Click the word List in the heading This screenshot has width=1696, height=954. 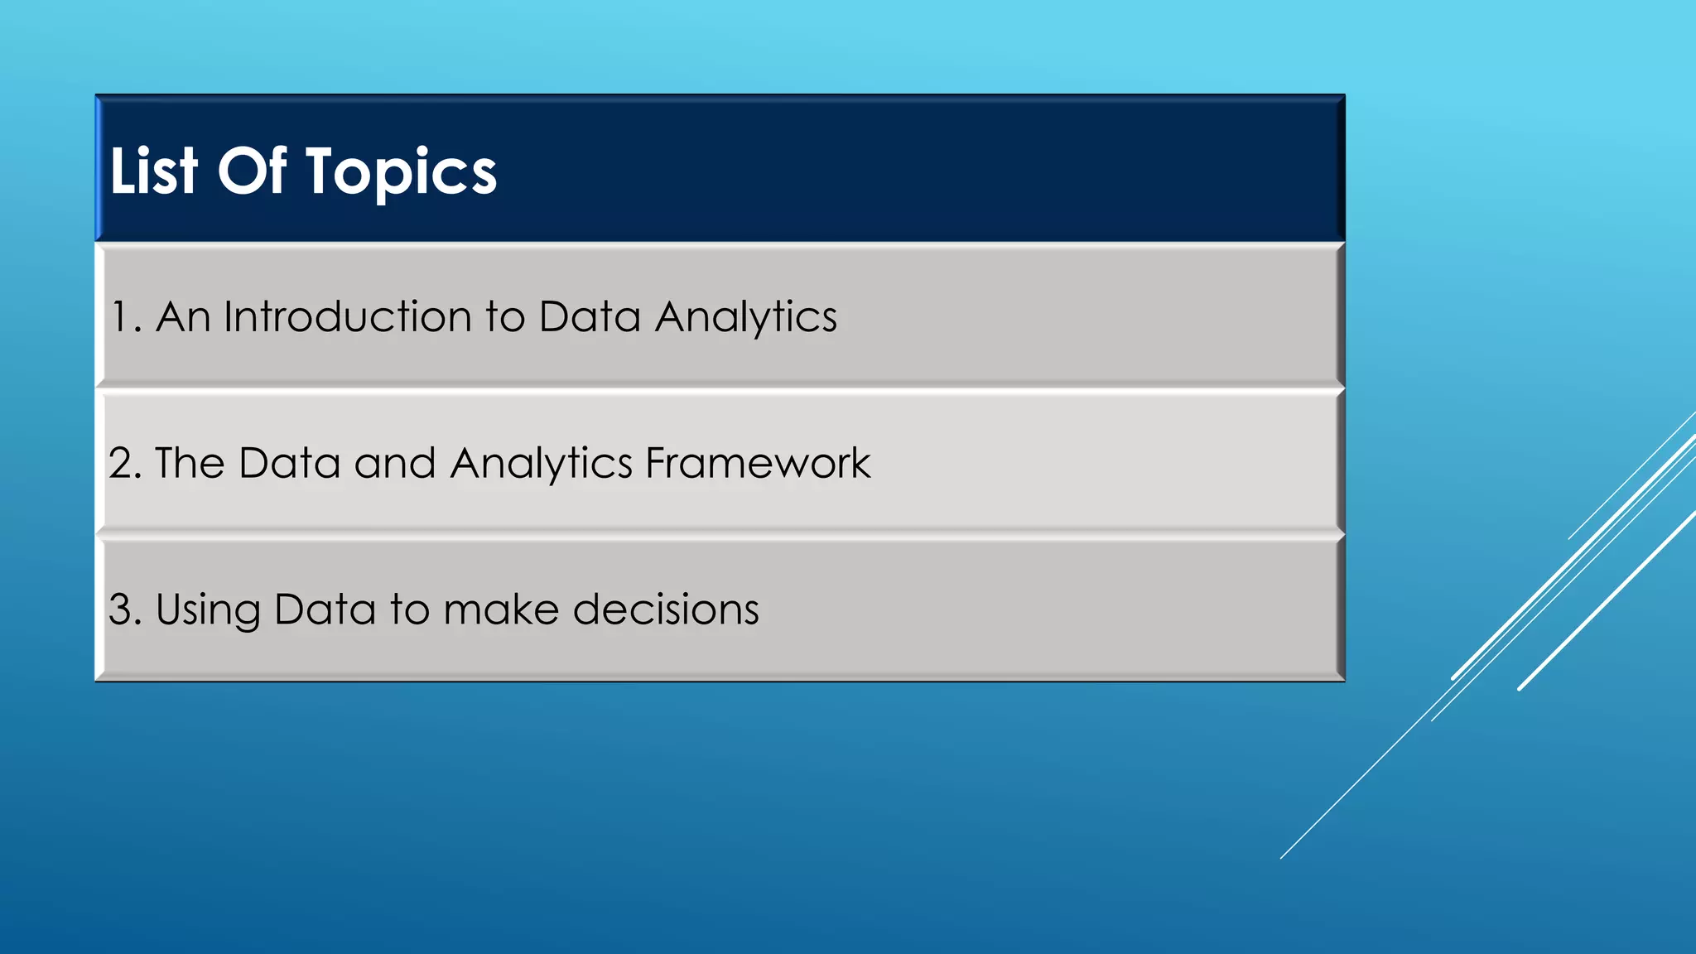(x=154, y=171)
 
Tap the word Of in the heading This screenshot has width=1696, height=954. (x=252, y=171)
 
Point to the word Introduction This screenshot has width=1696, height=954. (x=348, y=317)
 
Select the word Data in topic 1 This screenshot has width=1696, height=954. (x=590, y=317)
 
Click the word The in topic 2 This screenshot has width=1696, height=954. (x=190, y=463)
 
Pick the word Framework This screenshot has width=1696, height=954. (x=758, y=463)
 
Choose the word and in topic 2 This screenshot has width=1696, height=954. (x=395, y=463)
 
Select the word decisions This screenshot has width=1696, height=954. (x=666, y=609)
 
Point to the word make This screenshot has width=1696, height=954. (x=501, y=609)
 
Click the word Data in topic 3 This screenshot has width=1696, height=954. (x=325, y=609)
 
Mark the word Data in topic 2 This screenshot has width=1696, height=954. (x=290, y=463)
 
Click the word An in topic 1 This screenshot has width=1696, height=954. (x=183, y=317)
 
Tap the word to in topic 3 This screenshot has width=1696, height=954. (x=409, y=609)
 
